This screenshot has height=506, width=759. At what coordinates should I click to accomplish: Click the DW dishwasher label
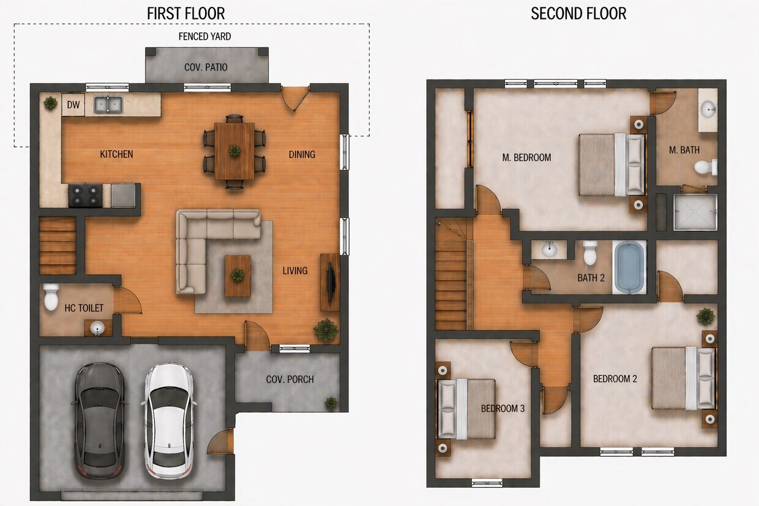click(x=73, y=105)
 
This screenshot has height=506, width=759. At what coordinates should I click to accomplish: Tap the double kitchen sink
click(x=108, y=104)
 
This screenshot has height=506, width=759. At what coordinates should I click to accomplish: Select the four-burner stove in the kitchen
click(x=86, y=195)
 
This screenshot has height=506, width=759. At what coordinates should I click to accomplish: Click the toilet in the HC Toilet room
click(x=51, y=297)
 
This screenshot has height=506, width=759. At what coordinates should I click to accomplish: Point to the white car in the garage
click(x=169, y=421)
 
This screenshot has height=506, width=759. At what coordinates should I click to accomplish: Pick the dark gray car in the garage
click(x=99, y=421)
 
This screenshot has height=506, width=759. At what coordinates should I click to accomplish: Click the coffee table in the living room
click(x=238, y=276)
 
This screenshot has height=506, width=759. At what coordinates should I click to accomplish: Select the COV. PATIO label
click(x=206, y=67)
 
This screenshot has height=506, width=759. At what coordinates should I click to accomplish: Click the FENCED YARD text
click(x=204, y=37)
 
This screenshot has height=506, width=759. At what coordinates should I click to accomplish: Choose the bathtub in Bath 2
click(x=629, y=267)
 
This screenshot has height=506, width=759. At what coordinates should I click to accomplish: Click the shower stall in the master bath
click(x=695, y=212)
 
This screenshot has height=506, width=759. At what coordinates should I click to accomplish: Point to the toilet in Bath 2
click(x=590, y=253)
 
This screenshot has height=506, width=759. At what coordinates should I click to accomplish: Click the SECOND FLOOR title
click(x=578, y=14)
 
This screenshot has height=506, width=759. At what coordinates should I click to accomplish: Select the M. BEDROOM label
click(x=526, y=157)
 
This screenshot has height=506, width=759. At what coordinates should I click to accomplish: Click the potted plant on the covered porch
click(x=331, y=403)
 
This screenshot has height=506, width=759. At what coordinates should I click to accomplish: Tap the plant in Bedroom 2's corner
click(x=706, y=316)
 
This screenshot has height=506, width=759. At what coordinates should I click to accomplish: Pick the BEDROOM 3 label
click(x=503, y=409)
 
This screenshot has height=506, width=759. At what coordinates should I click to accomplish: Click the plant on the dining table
click(x=234, y=151)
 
